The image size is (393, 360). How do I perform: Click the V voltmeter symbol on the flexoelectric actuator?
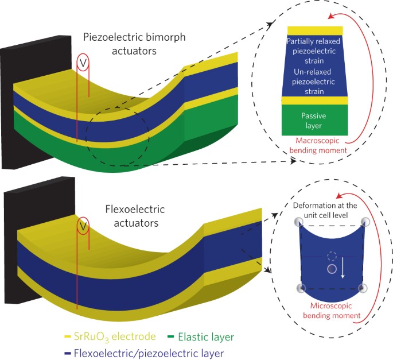tap(83, 226)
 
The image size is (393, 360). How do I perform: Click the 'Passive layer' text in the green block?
tap(313, 120)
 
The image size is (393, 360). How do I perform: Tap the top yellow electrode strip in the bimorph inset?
tap(316, 30)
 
